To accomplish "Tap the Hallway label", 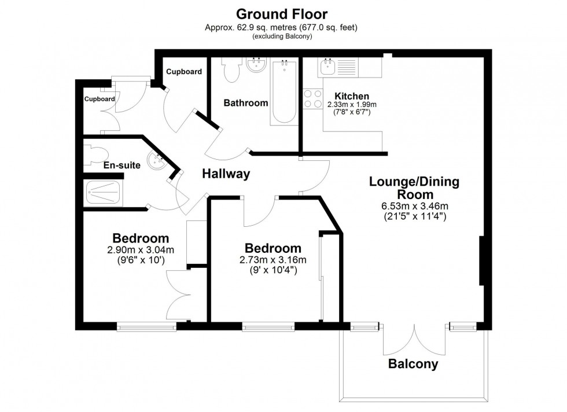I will click(x=226, y=174).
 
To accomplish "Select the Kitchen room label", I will click(x=351, y=96).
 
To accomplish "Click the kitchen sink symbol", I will click(x=328, y=67).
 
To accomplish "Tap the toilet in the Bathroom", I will click(x=232, y=70).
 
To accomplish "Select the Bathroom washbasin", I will click(x=255, y=65).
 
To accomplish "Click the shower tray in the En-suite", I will click(x=105, y=193).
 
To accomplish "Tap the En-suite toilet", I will click(x=95, y=154).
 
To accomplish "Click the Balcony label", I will click(x=413, y=365).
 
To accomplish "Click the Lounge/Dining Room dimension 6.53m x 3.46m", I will click(x=414, y=206).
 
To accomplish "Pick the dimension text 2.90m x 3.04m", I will click(x=140, y=250).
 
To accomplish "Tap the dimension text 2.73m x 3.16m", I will click(x=272, y=259).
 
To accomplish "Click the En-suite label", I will click(x=122, y=165).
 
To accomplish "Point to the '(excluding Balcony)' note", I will click(x=283, y=36).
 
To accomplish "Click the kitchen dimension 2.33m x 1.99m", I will click(x=351, y=104).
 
